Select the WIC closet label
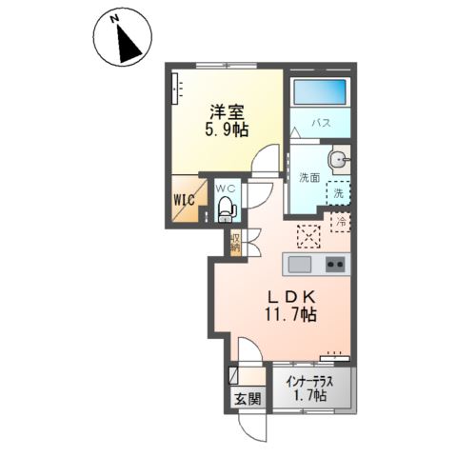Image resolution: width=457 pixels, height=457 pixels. point(185,200)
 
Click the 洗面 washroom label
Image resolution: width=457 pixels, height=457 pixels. point(308,177)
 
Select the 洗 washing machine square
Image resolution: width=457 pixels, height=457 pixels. point(338,192)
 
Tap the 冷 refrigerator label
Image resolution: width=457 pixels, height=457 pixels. point(340,222)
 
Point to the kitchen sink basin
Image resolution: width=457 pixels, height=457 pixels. point(298,264)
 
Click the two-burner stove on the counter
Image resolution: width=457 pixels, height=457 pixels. point(334,264)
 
